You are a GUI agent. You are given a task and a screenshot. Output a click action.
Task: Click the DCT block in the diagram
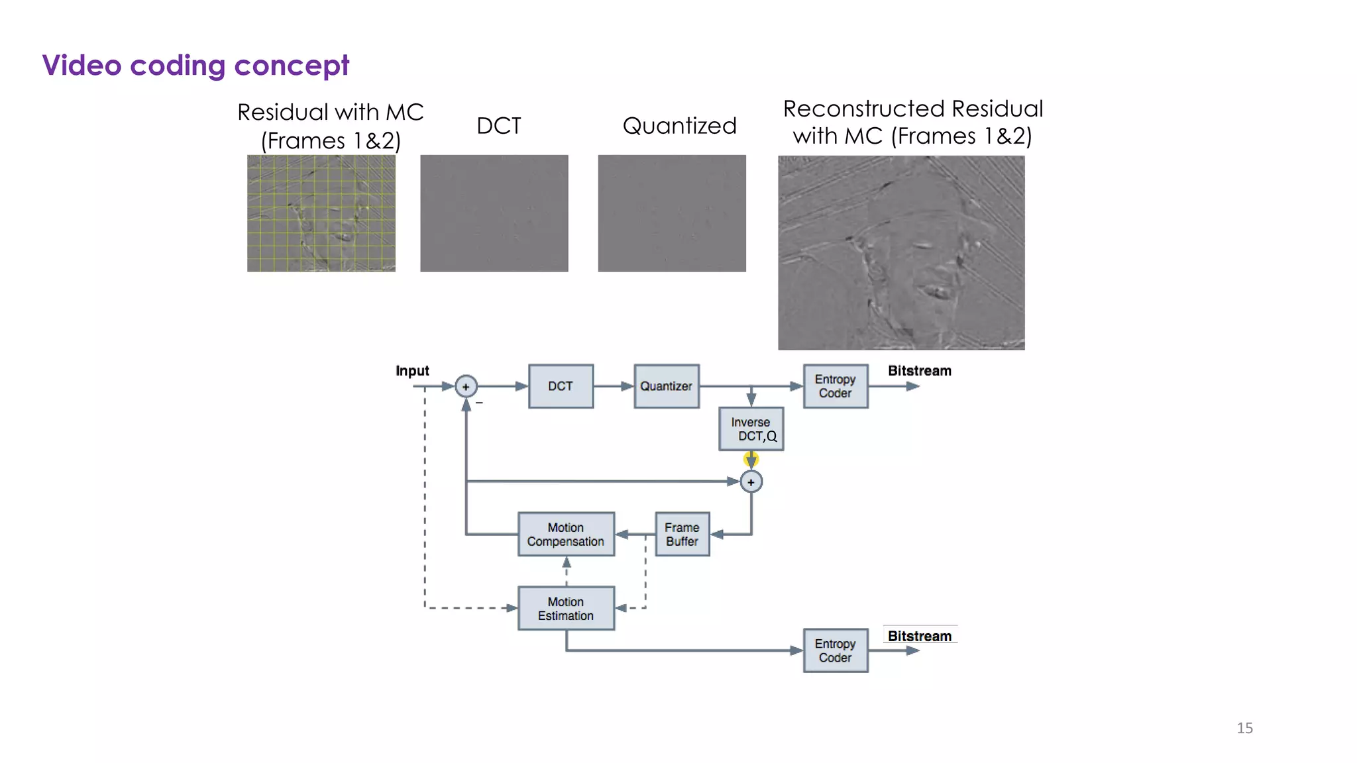point(561,386)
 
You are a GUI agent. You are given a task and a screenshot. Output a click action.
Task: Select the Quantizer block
point(666,386)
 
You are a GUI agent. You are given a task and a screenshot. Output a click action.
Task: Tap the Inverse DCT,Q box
point(751,429)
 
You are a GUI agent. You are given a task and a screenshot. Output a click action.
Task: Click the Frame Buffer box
point(682,534)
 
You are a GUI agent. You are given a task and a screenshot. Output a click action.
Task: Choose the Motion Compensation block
point(566,534)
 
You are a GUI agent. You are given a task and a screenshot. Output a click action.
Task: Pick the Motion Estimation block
point(566,608)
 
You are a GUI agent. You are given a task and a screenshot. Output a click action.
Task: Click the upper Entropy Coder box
point(835,386)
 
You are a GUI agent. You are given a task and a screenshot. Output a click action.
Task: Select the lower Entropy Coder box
point(835,650)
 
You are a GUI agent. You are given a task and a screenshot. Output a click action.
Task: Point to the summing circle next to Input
point(466,387)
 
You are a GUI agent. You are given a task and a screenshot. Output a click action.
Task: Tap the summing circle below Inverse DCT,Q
point(751,482)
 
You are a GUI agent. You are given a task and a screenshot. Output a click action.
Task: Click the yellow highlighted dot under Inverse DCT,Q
point(751,459)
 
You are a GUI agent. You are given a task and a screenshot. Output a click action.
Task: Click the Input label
point(412,371)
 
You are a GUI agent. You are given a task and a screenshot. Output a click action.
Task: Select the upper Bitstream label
point(919,371)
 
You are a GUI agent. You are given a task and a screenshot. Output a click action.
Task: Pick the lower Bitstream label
point(919,636)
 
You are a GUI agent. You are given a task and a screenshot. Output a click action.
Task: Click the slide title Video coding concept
point(195,66)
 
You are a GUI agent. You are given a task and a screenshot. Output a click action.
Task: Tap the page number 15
point(1244,728)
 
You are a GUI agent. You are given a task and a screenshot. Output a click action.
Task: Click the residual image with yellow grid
point(321,213)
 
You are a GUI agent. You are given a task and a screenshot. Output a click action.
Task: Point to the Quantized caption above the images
point(679,126)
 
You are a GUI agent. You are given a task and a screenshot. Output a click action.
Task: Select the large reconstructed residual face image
point(901,252)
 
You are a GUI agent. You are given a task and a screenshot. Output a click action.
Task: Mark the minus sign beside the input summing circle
point(479,403)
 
